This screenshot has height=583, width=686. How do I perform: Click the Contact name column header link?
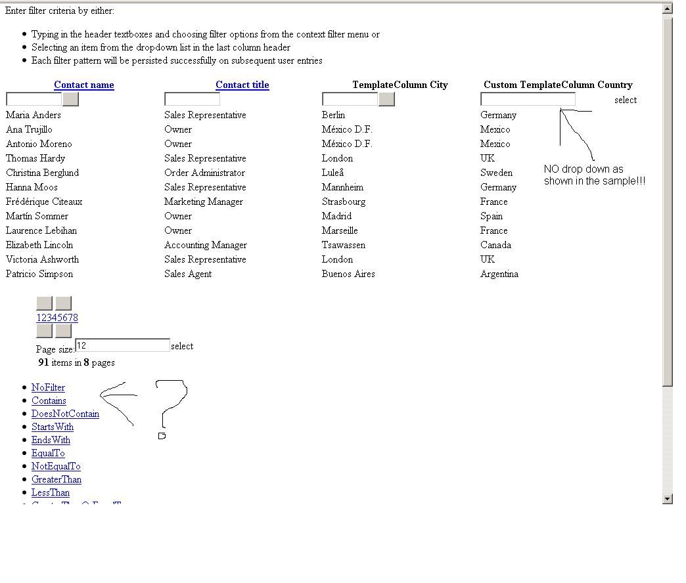tap(84, 85)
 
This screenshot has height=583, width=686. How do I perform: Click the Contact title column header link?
tap(242, 85)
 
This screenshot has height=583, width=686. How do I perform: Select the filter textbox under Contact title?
tap(192, 99)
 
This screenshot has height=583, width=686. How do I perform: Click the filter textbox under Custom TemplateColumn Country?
tap(528, 99)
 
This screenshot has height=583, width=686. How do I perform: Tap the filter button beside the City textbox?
tap(387, 99)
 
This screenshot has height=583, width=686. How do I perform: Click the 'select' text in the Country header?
tap(626, 100)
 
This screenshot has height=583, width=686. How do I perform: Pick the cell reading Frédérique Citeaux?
tap(44, 202)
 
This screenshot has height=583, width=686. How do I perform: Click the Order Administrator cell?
tap(204, 173)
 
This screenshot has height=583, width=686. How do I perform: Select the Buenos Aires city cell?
tap(348, 274)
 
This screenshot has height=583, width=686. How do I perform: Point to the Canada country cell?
tap(495, 245)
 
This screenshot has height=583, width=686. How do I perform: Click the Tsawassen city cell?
tap(344, 245)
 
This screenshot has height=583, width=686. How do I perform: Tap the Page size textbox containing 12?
tap(122, 345)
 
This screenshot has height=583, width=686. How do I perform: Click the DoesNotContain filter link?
tap(65, 414)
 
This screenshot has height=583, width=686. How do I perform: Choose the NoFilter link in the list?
tap(48, 387)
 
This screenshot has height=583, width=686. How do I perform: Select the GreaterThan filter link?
tap(57, 479)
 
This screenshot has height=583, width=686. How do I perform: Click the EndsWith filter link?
tap(51, 440)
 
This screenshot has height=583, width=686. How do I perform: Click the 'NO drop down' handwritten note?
tap(594, 175)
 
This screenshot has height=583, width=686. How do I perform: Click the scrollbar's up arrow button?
tap(668, 9)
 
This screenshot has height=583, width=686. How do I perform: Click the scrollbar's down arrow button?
tap(668, 499)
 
